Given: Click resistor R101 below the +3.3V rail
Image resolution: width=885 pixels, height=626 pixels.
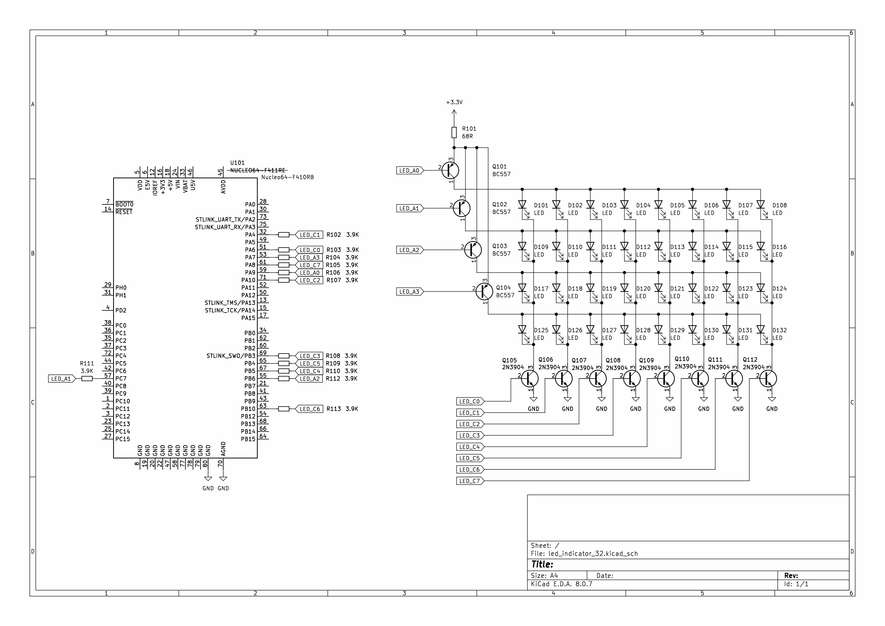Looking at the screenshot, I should [x=454, y=132].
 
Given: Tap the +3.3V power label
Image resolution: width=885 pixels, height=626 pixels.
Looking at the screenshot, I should [x=454, y=103].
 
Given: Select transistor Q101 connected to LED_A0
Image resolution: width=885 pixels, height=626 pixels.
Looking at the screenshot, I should [x=450, y=170].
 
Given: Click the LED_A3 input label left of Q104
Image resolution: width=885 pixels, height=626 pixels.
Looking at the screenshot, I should [x=409, y=292].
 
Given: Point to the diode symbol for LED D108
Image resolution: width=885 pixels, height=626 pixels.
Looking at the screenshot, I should [x=761, y=205].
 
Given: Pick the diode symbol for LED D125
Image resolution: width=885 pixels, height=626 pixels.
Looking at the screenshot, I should [x=522, y=330].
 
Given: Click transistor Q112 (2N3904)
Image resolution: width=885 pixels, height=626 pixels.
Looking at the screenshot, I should [x=768, y=379].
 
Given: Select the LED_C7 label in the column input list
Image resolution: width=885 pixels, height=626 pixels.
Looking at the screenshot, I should [x=470, y=481].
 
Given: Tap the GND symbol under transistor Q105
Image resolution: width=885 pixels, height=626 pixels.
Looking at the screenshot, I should [x=533, y=400].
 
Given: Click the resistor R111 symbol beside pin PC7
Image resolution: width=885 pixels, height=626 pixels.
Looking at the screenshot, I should [x=87, y=379].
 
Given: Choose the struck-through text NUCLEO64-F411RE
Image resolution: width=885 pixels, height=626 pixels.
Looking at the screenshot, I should [x=258, y=170].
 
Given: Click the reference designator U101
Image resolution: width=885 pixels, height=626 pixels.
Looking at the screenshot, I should [x=238, y=163].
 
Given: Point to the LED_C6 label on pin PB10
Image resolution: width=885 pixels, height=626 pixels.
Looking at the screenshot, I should [x=310, y=409].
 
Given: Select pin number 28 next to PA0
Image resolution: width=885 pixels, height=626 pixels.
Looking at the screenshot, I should [x=263, y=202].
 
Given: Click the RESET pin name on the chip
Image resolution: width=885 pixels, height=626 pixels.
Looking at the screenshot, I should [x=124, y=212].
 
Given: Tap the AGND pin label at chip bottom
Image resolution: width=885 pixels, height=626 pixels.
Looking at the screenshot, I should [x=223, y=450].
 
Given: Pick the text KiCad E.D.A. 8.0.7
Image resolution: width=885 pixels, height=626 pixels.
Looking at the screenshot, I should [x=561, y=584].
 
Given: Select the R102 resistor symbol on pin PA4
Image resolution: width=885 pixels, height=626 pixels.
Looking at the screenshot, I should [x=284, y=235].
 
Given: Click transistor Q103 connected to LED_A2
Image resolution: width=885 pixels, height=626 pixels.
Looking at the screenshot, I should [x=473, y=250].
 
